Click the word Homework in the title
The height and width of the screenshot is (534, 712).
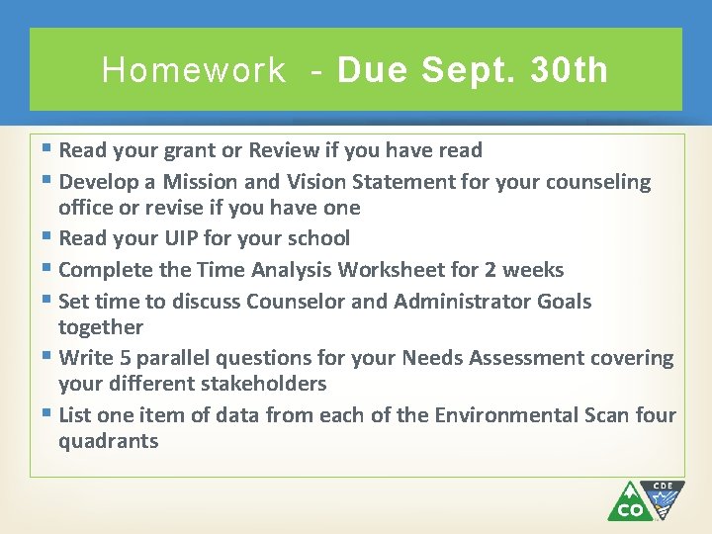pos(194,70)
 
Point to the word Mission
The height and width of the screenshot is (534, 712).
pos(201,182)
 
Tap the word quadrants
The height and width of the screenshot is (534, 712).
pos(108,441)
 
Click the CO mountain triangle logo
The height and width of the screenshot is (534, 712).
pos(628,502)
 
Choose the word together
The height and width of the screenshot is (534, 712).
pos(100,327)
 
